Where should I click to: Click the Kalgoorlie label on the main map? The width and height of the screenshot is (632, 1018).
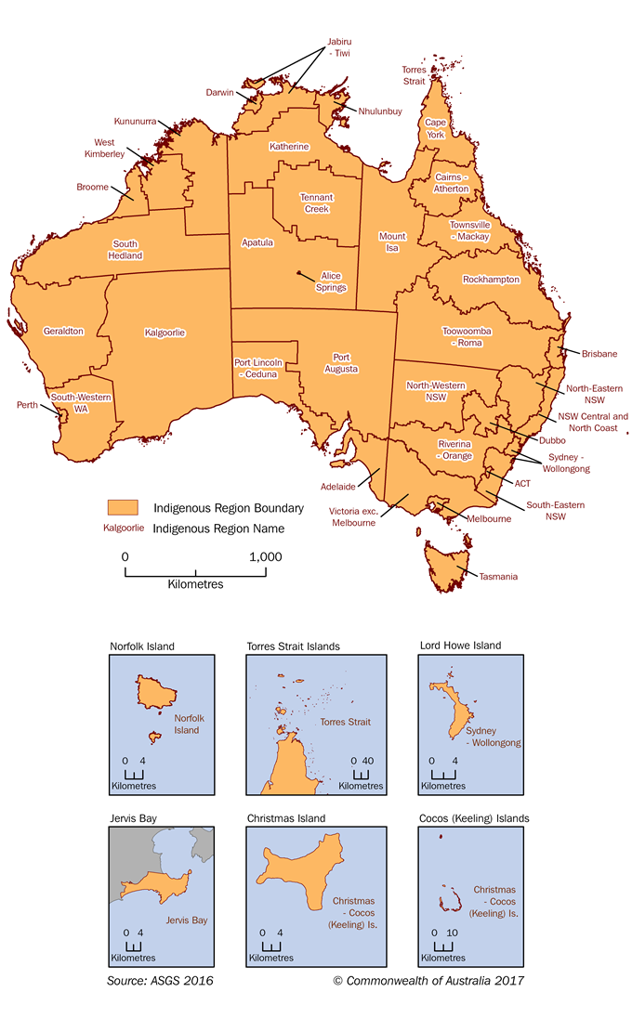(165, 332)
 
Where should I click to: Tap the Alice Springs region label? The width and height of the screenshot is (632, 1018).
(332, 281)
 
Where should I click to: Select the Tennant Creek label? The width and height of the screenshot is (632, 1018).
(316, 202)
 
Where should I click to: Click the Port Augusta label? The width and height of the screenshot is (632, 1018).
(340, 362)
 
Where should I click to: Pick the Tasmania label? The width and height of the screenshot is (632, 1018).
(498, 576)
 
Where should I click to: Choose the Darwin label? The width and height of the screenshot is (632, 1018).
(221, 93)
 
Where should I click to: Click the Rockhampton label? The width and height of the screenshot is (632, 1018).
(491, 280)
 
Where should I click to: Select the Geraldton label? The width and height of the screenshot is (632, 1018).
(63, 331)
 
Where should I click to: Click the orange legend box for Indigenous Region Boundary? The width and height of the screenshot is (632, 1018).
(123, 507)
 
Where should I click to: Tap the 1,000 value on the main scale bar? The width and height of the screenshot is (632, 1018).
(264, 556)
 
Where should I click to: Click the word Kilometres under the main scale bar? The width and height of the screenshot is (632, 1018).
(195, 585)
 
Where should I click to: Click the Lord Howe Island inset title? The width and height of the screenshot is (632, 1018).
(460, 646)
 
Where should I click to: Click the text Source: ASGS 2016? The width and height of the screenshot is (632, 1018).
(160, 980)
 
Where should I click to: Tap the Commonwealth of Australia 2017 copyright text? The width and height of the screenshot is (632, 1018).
(429, 980)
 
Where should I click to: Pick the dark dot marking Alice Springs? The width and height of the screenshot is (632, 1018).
(299, 273)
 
